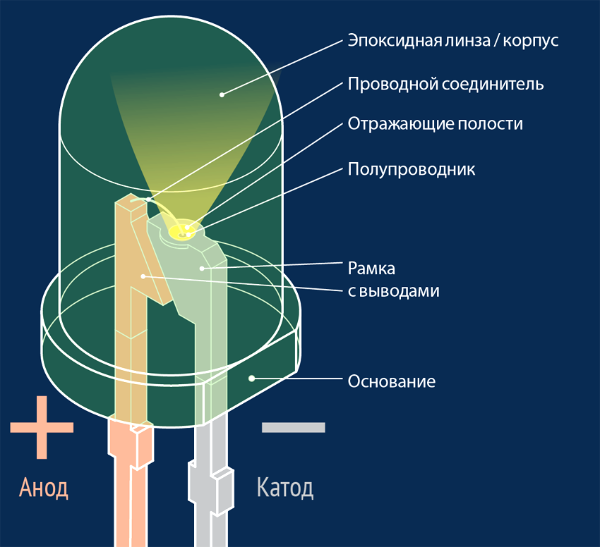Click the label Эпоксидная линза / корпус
point(452,40)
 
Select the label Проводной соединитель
point(445,84)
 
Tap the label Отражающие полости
point(435,123)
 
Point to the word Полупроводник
point(412,169)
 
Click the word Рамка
point(371,269)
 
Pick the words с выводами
point(393,290)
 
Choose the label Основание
point(391,381)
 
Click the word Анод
point(43,487)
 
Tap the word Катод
point(284,487)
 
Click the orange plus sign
point(42,427)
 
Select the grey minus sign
point(293,427)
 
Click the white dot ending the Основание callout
point(251,378)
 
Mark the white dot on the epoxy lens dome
point(222,93)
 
